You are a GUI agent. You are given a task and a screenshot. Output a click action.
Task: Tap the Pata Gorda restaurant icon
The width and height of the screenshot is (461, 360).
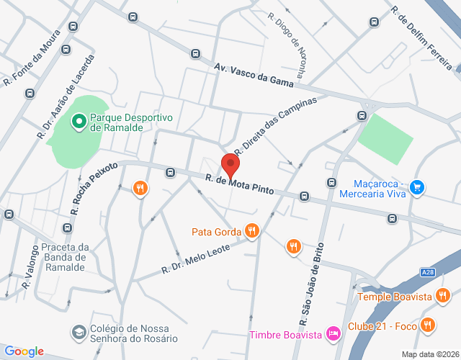[x=251, y=231]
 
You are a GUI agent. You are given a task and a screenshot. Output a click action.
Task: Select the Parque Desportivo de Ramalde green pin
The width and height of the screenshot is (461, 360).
[x=79, y=122]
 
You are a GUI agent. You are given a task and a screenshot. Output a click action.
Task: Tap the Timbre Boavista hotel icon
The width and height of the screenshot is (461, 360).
[x=332, y=333]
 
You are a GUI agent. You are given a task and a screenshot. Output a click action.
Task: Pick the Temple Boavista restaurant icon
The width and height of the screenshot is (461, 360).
[x=442, y=296]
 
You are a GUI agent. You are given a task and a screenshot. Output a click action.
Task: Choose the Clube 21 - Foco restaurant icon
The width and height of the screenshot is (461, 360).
[x=428, y=325]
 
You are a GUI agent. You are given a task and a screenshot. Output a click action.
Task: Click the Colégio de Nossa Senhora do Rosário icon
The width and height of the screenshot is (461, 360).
[x=77, y=332]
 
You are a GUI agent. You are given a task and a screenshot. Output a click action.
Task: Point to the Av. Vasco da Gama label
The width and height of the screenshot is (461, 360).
[x=254, y=74]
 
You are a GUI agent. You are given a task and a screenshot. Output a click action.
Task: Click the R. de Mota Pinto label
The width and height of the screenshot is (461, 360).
[x=240, y=186]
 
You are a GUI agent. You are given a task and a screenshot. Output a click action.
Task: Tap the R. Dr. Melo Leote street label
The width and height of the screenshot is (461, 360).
[x=195, y=258]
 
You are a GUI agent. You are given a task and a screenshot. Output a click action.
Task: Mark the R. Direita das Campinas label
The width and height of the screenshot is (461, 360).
[x=275, y=125]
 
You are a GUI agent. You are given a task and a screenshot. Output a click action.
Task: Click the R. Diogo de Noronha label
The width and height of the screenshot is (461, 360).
[x=287, y=40]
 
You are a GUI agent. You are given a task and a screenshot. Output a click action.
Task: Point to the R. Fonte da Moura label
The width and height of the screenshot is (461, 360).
[x=31, y=60]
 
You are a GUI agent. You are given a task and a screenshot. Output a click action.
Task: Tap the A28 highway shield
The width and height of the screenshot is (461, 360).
[x=427, y=272]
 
